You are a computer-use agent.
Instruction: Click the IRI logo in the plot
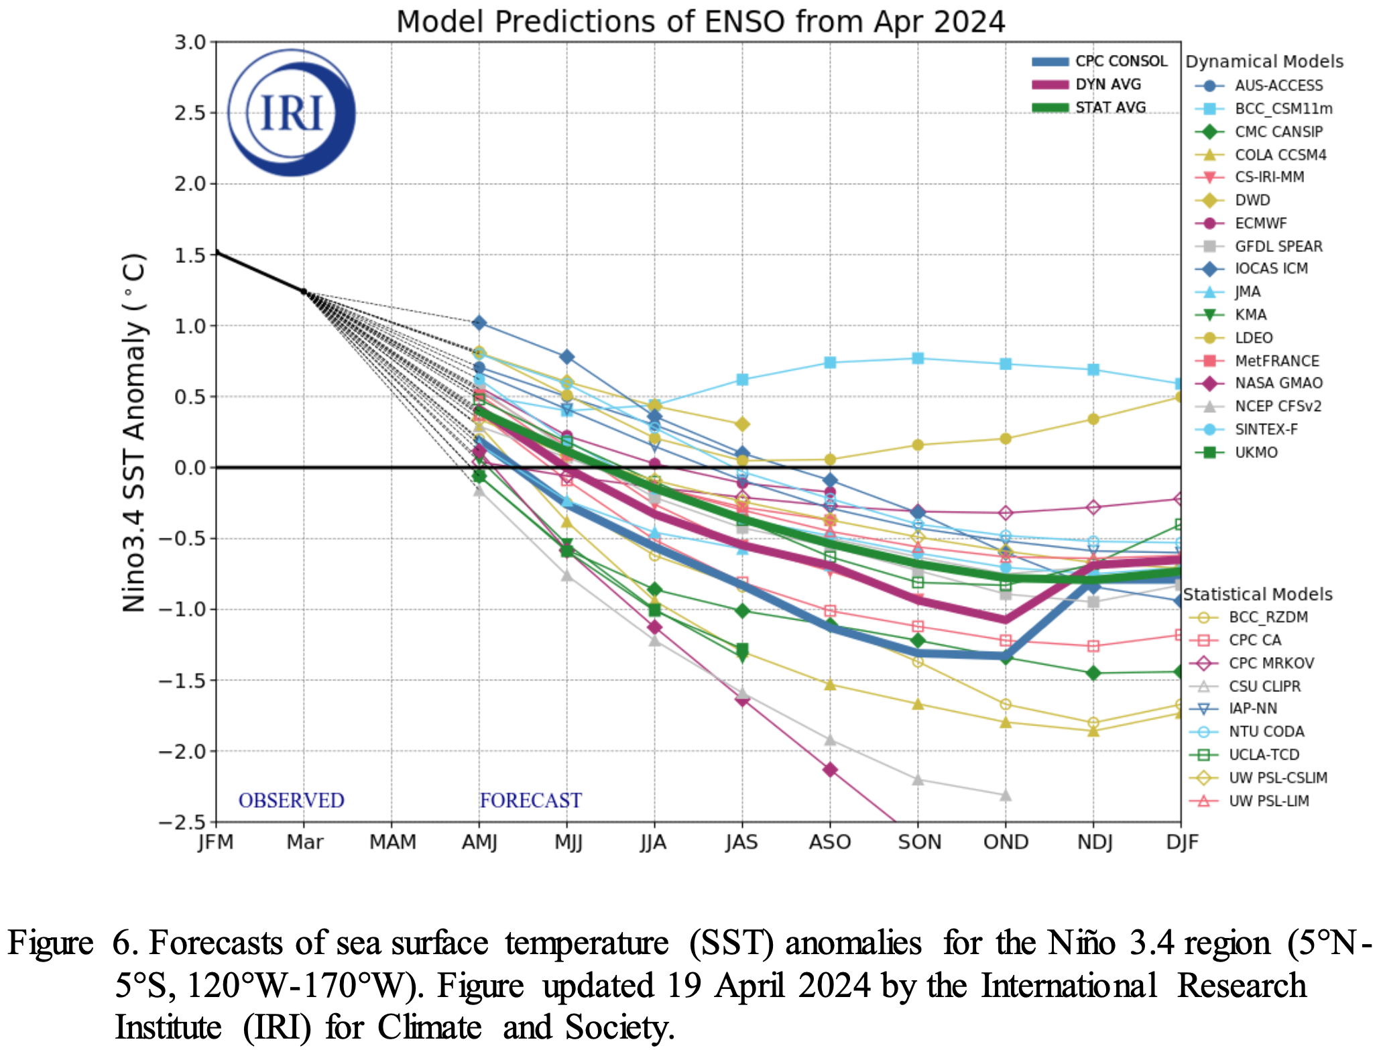point(292,113)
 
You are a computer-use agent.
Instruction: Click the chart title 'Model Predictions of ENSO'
point(700,21)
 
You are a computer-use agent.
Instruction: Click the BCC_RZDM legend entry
point(1268,618)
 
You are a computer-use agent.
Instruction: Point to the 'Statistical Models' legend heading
point(1258,595)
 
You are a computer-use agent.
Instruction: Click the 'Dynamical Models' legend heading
point(1264,62)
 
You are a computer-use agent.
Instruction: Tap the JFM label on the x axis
point(216,842)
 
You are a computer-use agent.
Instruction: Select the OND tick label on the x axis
point(1006,842)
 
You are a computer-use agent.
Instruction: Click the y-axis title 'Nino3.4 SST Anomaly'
point(134,432)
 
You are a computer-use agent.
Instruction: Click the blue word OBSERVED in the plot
point(291,801)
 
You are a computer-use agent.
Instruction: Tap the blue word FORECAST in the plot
point(530,801)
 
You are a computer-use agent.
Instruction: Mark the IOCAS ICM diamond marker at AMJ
point(479,323)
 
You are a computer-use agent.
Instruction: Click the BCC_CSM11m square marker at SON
point(918,358)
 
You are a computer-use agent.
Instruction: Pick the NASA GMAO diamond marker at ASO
point(830,770)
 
